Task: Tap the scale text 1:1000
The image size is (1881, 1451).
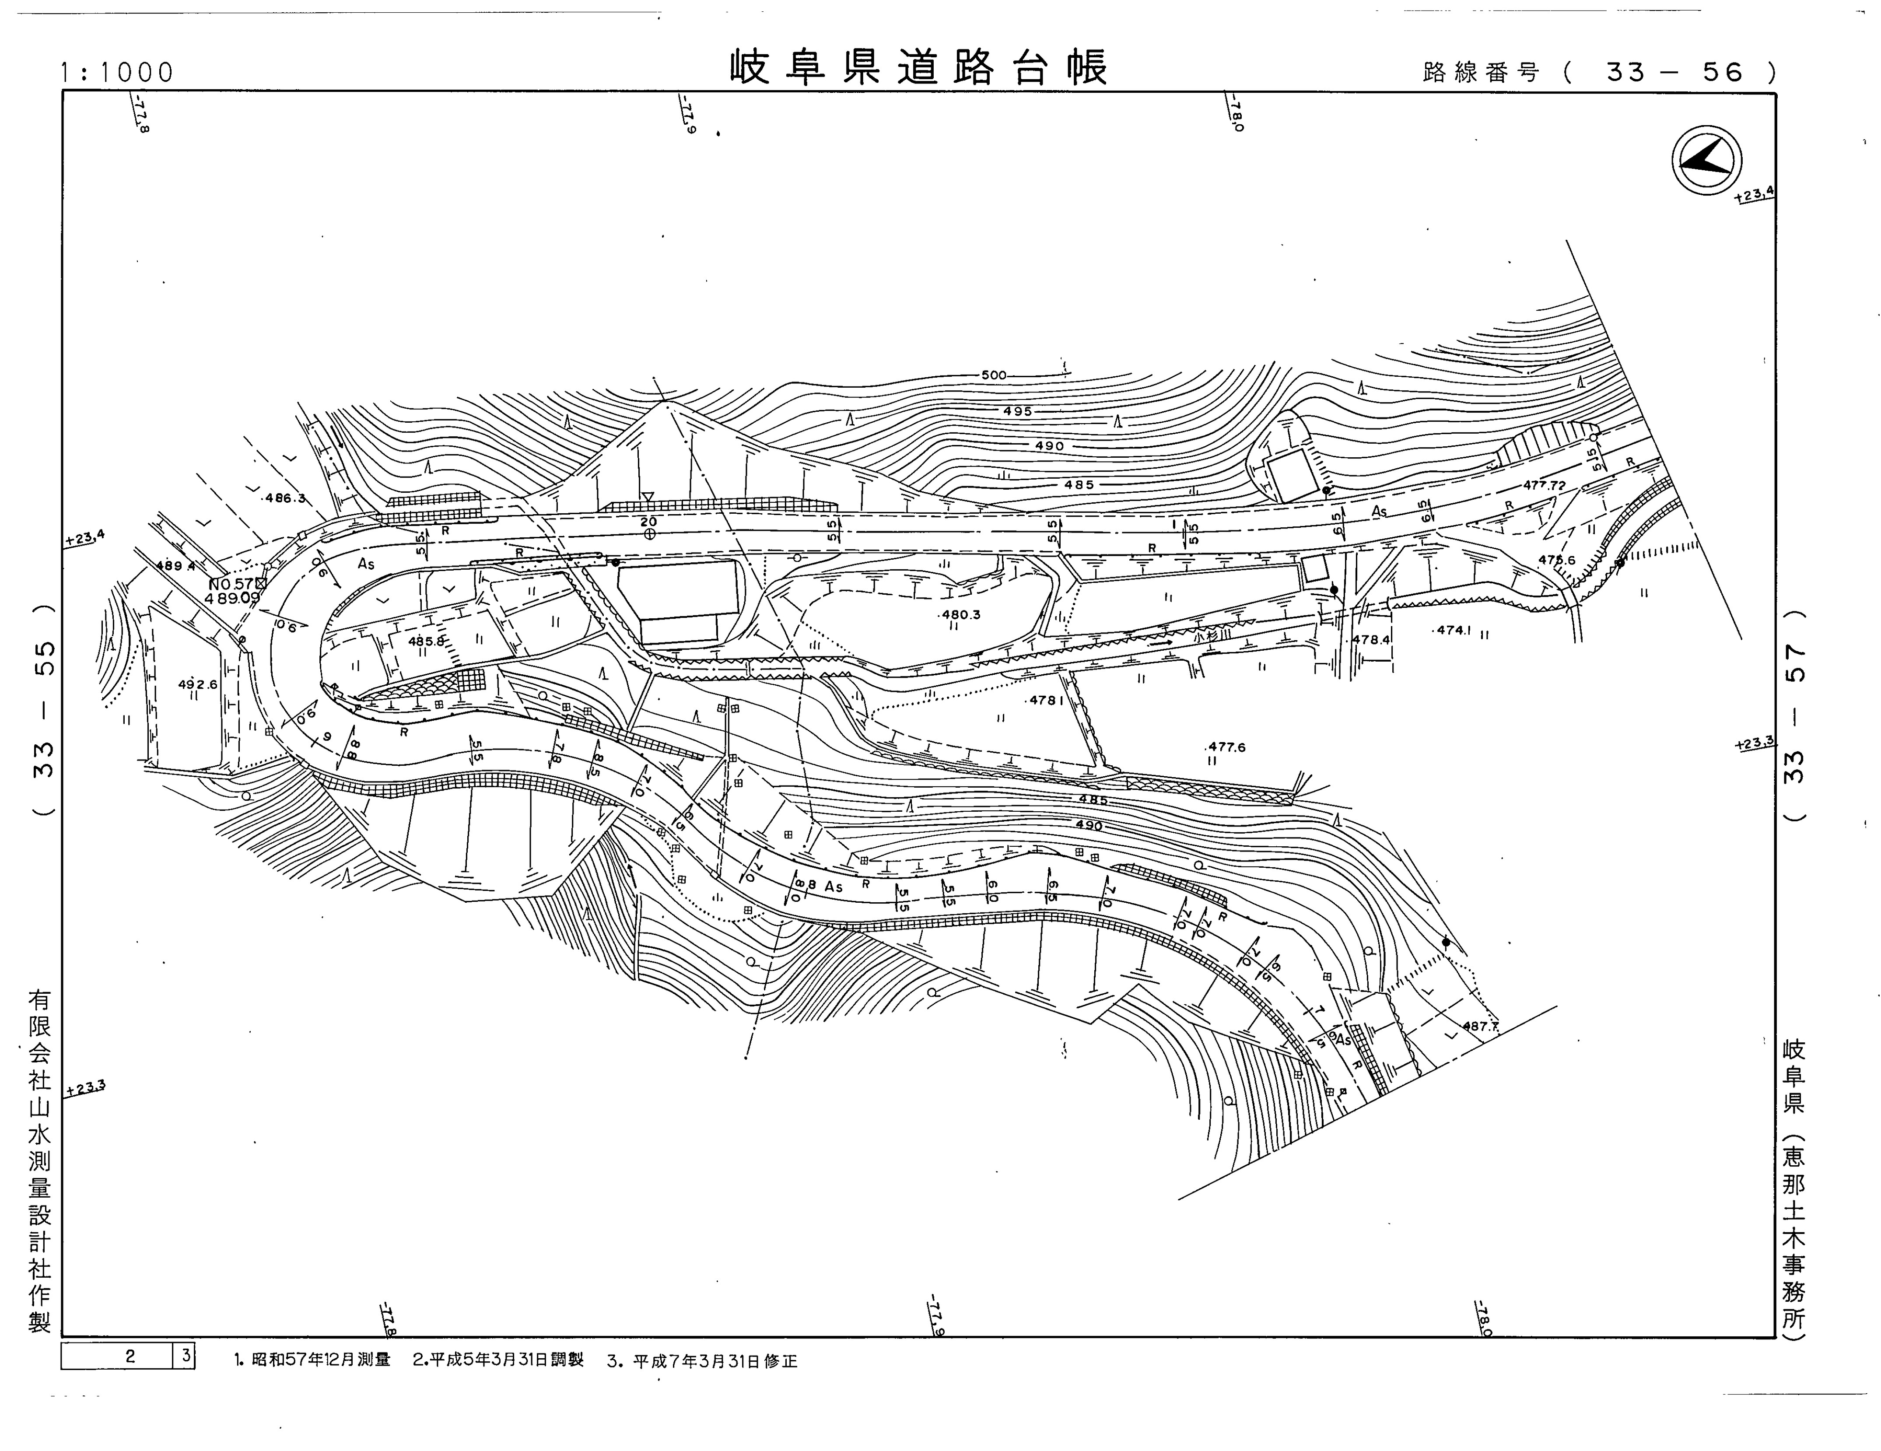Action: point(117,72)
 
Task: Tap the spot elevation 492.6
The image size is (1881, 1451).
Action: point(197,685)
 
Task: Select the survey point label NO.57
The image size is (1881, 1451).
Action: point(231,583)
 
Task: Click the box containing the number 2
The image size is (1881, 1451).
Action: point(118,1356)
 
